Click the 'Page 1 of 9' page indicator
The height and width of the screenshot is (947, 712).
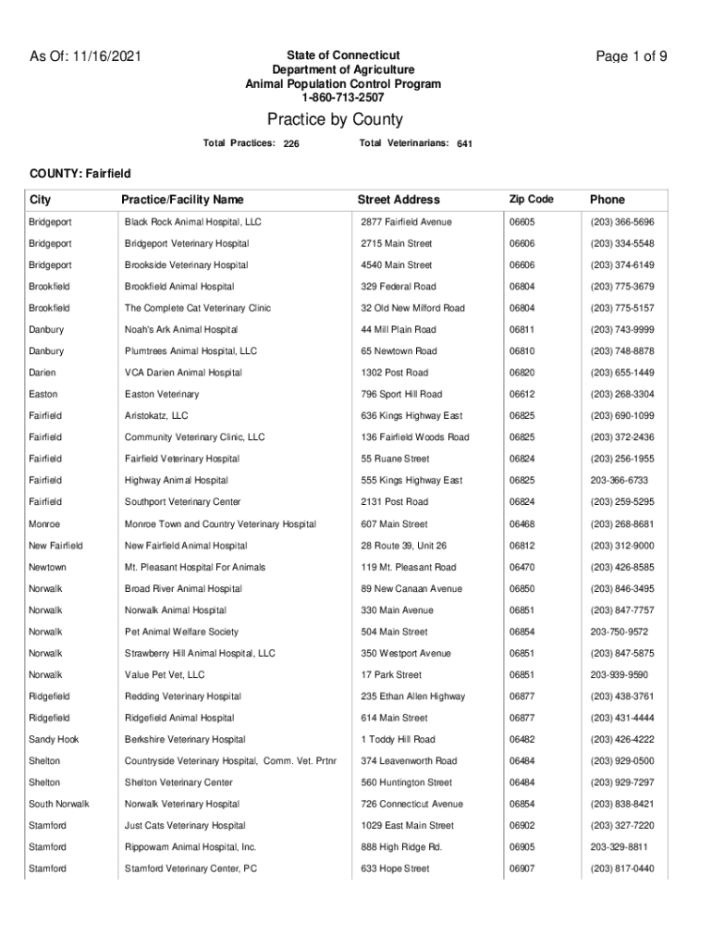point(632,56)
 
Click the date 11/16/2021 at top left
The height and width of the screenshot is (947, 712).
point(107,56)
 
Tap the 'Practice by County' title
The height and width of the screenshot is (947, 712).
point(335,120)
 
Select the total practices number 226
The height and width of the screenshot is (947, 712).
point(290,144)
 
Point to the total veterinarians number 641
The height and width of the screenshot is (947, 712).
point(464,144)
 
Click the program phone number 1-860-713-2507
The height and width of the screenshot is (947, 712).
point(342,97)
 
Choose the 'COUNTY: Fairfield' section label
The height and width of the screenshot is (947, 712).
point(80,174)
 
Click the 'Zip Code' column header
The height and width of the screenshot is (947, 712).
point(531,200)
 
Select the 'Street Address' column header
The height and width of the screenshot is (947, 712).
point(399,200)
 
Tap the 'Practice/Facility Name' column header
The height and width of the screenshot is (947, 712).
point(182,200)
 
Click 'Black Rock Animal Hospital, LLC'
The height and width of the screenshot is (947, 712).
point(193,223)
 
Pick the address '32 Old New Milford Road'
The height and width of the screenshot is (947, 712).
point(412,308)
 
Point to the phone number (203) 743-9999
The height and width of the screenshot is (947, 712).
point(621,330)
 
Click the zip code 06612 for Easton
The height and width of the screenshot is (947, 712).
point(522,395)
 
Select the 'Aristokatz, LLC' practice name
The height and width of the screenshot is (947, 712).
point(156,416)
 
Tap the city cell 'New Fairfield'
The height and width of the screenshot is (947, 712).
point(55,546)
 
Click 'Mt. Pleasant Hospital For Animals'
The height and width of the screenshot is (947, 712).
point(195,567)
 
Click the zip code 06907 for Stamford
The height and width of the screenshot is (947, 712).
point(522,869)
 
